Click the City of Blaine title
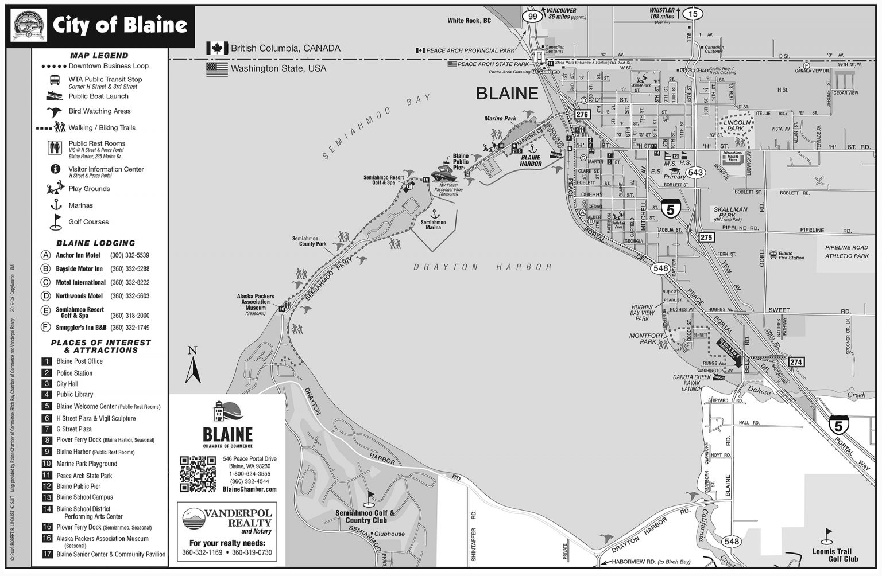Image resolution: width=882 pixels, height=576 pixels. [x=120, y=25]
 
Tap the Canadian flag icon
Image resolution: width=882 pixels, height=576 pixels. [x=217, y=48]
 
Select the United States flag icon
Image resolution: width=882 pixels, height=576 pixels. [x=217, y=69]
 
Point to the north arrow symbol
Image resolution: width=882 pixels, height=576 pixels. [x=193, y=365]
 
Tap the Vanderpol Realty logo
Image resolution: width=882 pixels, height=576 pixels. [x=227, y=522]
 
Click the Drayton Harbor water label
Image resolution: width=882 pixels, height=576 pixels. [x=482, y=267]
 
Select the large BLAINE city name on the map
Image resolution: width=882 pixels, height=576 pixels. [x=506, y=94]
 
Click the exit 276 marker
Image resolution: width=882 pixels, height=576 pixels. [x=582, y=115]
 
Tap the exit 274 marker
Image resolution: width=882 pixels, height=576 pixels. [x=796, y=362]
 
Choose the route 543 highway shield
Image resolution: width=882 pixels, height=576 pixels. [x=695, y=173]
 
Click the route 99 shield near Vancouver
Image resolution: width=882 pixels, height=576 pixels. [x=533, y=17]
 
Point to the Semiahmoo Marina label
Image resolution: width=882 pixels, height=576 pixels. [x=433, y=225]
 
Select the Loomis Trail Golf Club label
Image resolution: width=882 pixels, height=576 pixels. [x=843, y=555]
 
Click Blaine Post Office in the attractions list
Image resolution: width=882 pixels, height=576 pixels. [x=79, y=361]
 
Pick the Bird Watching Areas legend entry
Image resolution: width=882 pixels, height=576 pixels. [x=99, y=111]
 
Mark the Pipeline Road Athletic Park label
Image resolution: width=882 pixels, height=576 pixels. [x=846, y=252]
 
